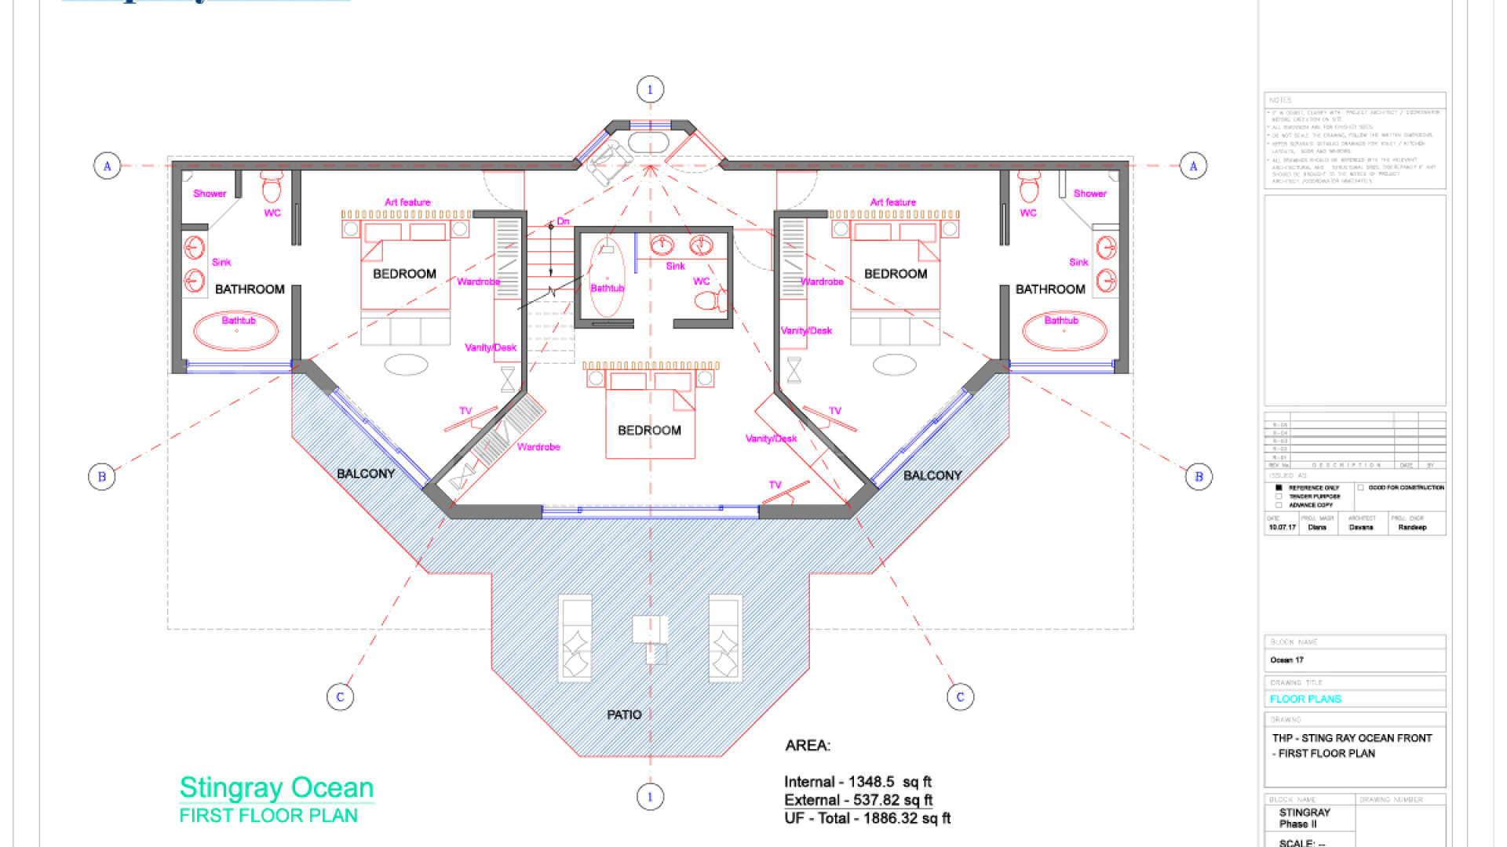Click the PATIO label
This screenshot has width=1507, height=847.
tap(624, 714)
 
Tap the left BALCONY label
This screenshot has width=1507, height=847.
tap(366, 474)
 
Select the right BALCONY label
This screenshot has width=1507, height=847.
tap(932, 475)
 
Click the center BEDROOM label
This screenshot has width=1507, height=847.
tap(649, 431)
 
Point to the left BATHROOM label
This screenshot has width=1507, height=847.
tap(250, 289)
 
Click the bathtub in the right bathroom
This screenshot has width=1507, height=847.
tap(1064, 332)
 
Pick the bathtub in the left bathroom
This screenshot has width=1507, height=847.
tap(236, 332)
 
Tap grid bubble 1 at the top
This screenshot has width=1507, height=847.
tap(650, 89)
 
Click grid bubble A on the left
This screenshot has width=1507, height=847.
tap(108, 166)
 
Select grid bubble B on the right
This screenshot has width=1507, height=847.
tap(1199, 477)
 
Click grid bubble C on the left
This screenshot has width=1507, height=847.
tap(340, 696)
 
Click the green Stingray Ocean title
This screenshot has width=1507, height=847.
tap(276, 787)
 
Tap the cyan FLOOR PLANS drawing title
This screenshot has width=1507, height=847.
tap(1305, 699)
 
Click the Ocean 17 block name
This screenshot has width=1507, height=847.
tap(1286, 660)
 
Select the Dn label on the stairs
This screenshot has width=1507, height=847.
tap(563, 221)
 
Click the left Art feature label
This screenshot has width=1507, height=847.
tap(407, 202)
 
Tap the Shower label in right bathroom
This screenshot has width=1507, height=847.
tap(1089, 194)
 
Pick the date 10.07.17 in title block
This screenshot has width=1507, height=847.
tap(1282, 528)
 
